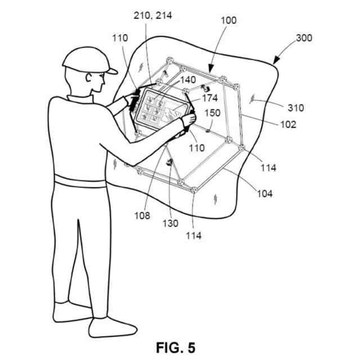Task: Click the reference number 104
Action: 264,193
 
